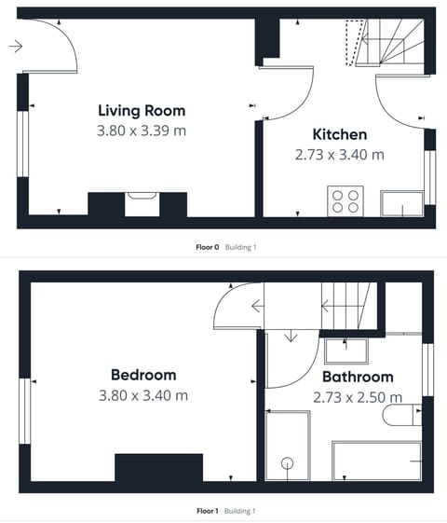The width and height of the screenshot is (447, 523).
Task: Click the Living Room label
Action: click(142, 111)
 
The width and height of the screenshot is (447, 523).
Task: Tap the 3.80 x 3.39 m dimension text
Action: click(142, 131)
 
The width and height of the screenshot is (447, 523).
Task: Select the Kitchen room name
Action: click(339, 134)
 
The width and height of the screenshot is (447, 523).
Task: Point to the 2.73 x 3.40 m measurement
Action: click(339, 155)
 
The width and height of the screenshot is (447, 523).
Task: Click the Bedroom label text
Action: click(142, 375)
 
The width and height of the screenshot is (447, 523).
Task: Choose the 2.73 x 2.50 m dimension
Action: click(358, 396)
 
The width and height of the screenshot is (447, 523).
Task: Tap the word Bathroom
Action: click(358, 377)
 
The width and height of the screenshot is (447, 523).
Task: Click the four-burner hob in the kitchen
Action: click(345, 201)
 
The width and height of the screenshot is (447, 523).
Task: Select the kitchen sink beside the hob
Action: click(402, 202)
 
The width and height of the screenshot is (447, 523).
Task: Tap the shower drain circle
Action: click(288, 463)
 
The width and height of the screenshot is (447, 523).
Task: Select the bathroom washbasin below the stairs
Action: click(346, 351)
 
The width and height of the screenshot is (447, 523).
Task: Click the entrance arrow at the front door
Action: click(16, 45)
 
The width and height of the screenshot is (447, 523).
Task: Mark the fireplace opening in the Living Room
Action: click(142, 203)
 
